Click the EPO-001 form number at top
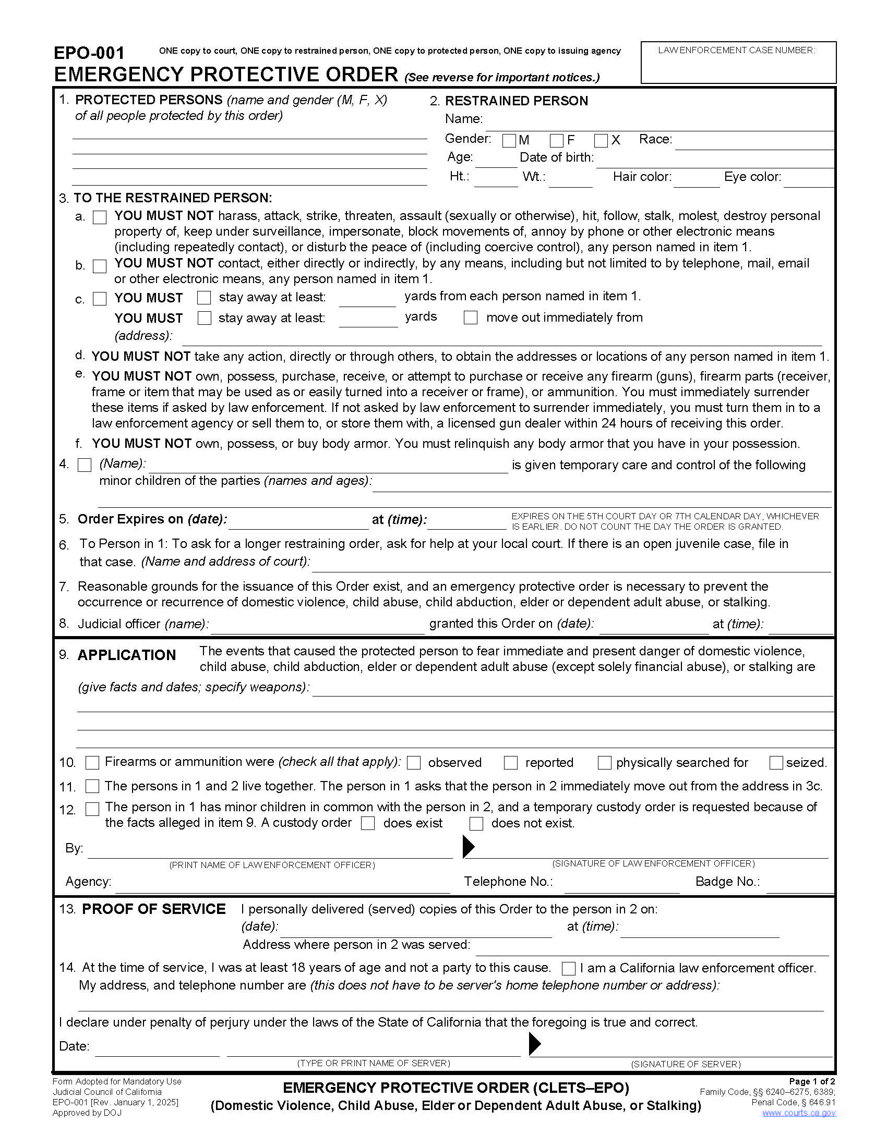[89, 53]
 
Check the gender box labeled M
[509, 141]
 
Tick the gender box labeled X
[601, 141]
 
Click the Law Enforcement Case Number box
[738, 63]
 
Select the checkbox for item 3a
[99, 217]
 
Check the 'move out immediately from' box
[470, 318]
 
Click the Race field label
[655, 139]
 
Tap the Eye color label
[752, 177]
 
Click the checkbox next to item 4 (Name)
[84, 465]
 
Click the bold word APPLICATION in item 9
[127, 655]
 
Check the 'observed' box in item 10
[414, 763]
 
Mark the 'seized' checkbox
[775, 763]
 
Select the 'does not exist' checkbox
[476, 823]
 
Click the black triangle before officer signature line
[468, 847]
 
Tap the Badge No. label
[727, 881]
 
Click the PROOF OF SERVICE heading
[153, 909]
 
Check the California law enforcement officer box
[569, 968]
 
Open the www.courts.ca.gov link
[798, 1113]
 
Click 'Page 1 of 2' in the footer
[811, 1081]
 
